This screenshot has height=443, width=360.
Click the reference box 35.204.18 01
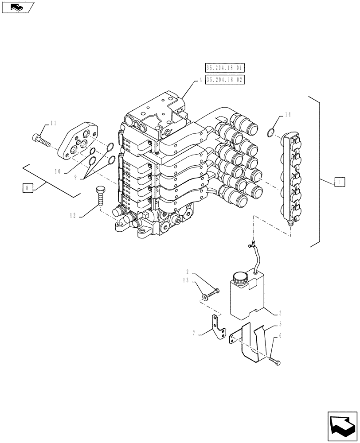[x=225, y=68]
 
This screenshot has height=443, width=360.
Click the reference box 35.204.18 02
[x=225, y=80]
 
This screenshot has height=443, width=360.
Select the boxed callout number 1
[x=338, y=182]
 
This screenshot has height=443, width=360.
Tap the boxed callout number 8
[x=27, y=188]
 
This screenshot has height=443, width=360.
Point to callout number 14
[x=287, y=115]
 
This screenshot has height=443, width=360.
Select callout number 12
[x=72, y=216]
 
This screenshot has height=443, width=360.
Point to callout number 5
[x=280, y=325]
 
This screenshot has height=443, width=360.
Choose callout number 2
[x=188, y=272]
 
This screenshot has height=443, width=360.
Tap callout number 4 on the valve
[x=200, y=80]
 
